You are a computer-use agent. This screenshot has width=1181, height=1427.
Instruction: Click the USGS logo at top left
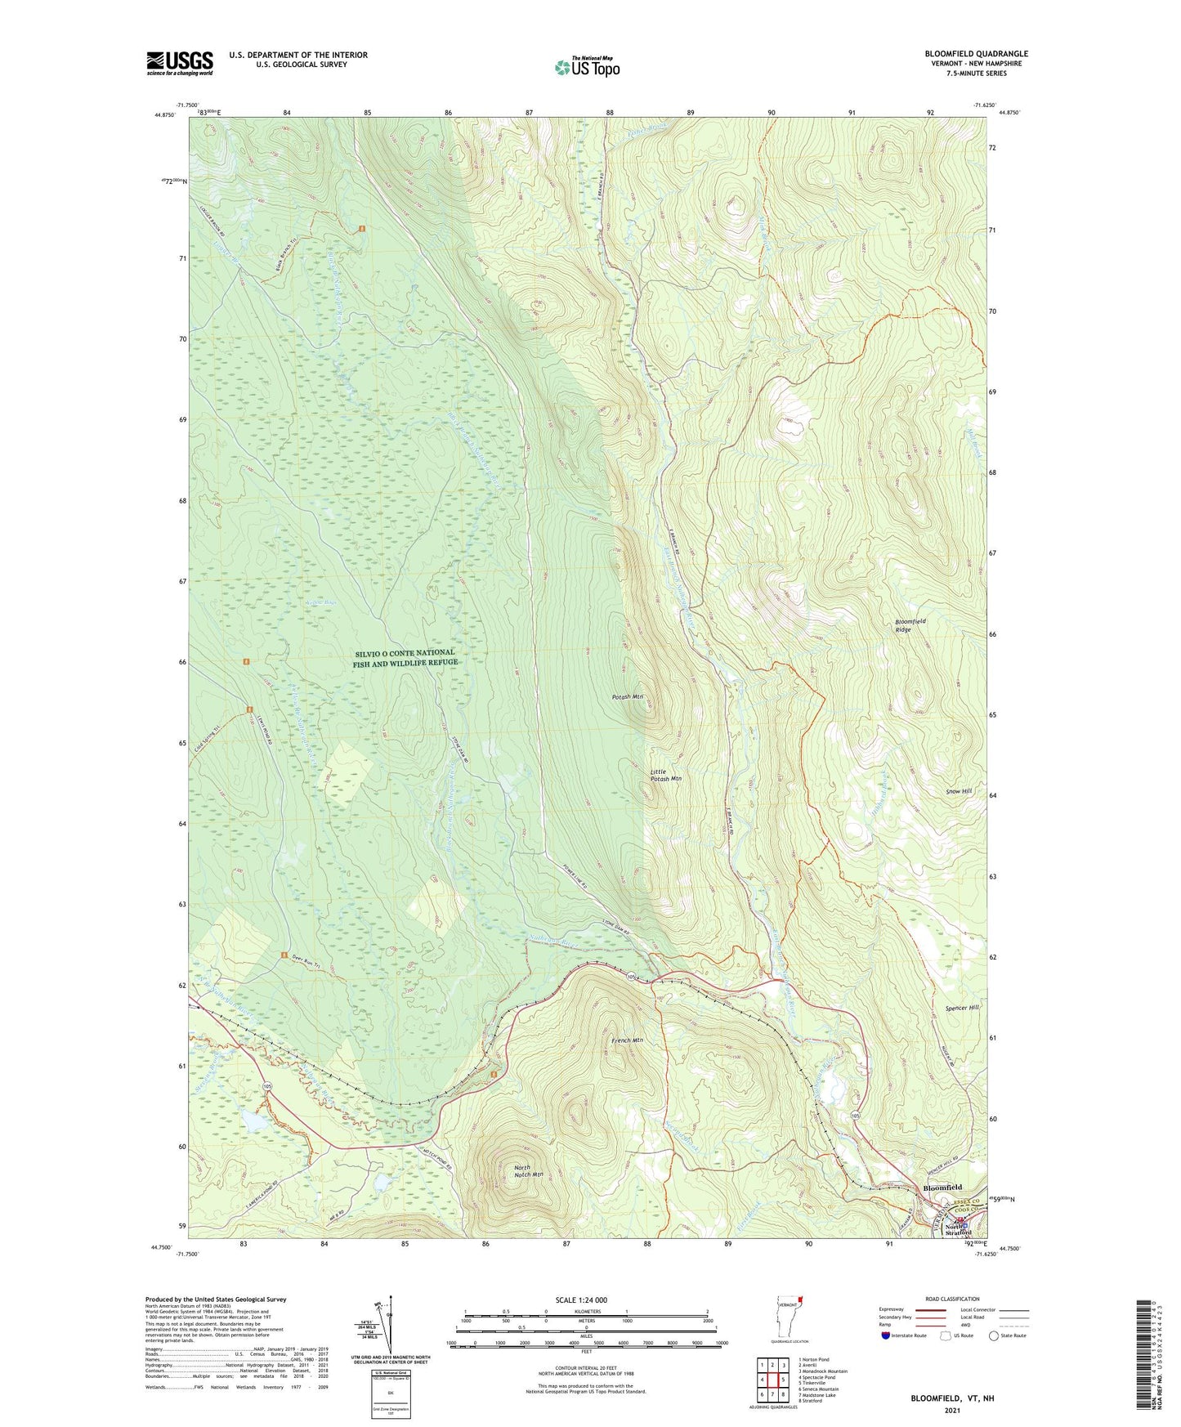click(x=180, y=63)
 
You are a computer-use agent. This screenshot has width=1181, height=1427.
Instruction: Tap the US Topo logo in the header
click(x=587, y=67)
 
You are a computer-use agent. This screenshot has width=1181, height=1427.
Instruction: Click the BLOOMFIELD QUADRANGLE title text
click(x=976, y=54)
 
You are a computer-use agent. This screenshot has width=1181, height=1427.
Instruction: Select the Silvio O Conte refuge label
click(x=405, y=658)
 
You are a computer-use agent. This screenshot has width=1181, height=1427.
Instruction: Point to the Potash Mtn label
click(x=629, y=697)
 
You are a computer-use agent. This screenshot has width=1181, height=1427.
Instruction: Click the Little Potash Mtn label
click(x=665, y=775)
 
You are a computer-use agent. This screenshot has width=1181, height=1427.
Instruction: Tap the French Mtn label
click(x=627, y=1040)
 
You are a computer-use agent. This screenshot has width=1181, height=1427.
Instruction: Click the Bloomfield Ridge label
click(x=910, y=625)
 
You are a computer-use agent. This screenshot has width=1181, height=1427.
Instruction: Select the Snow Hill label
click(x=958, y=791)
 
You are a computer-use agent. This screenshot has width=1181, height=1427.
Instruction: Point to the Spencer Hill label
click(x=962, y=1008)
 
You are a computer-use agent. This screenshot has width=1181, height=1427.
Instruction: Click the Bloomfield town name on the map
click(x=942, y=1188)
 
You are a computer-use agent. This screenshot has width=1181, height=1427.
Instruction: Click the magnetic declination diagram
click(x=389, y=1329)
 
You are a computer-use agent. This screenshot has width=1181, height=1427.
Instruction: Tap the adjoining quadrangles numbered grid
click(x=772, y=1380)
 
